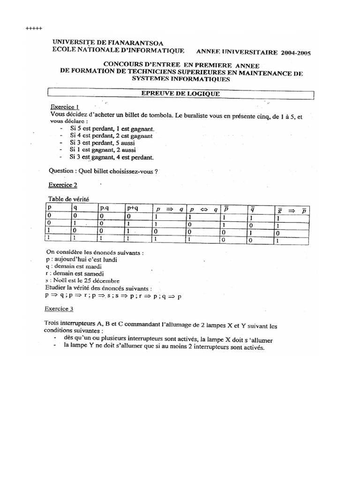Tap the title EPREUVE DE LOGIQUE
tap(180, 94)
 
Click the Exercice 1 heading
tap(65, 106)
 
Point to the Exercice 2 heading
tap(65, 185)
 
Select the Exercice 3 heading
tap(59, 309)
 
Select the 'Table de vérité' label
tap(68, 199)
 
